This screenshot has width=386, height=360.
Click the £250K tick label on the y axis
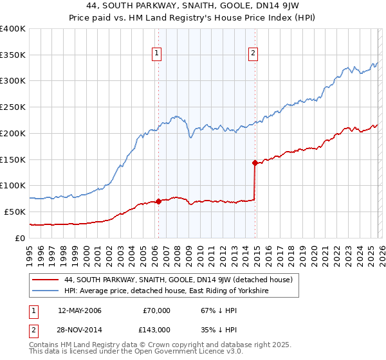point(13,107)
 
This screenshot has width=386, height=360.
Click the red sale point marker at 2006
point(158,201)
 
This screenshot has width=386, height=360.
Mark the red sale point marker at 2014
point(255,163)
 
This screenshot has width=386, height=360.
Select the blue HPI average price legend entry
point(165,291)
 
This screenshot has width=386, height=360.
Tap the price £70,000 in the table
point(157,310)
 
